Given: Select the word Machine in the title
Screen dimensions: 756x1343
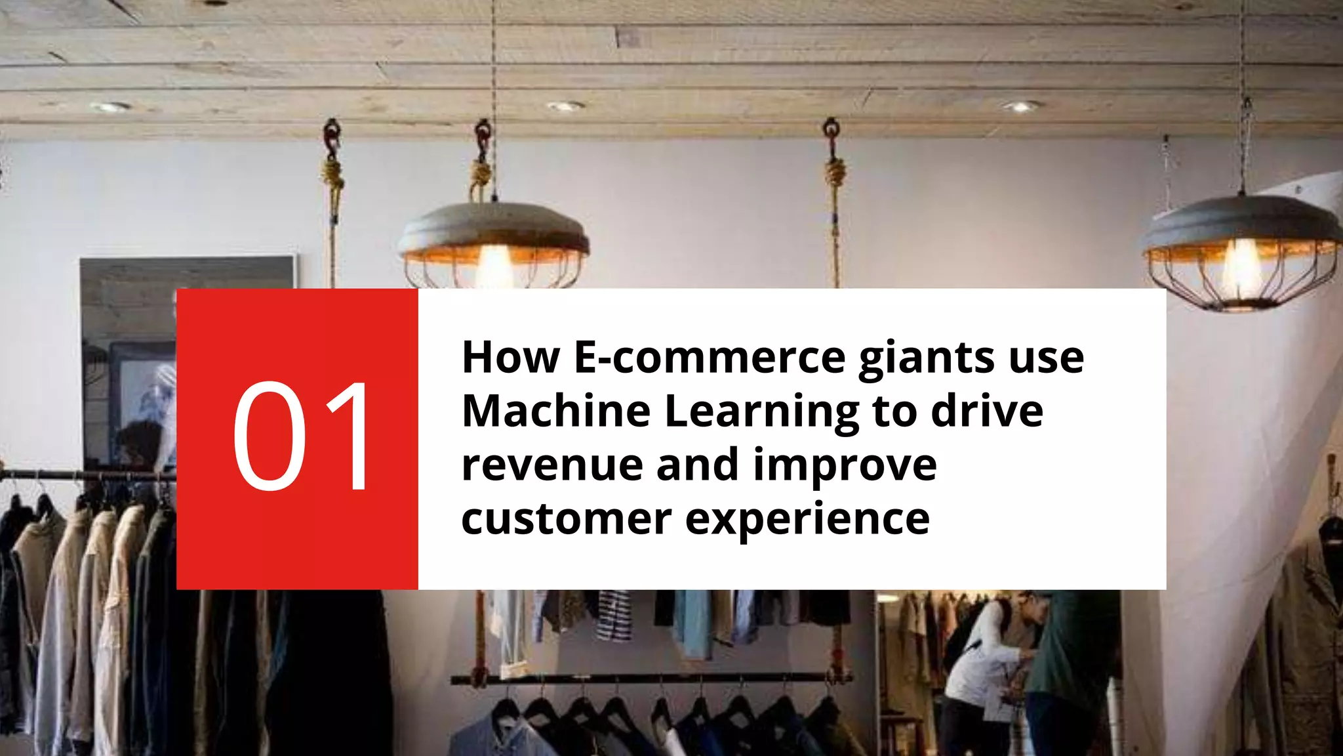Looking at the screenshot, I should [556, 411].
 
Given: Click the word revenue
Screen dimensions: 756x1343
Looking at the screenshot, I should [552, 465].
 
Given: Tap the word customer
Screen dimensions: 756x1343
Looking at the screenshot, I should [567, 519].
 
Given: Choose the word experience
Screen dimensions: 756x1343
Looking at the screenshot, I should [807, 520].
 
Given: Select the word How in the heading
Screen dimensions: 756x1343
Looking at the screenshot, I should [511, 358].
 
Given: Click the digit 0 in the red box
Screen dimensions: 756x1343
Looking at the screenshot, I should [270, 436].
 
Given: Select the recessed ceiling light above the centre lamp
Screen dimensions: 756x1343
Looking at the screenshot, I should [565, 106].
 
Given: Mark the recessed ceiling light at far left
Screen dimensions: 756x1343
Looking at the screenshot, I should [110, 107].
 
